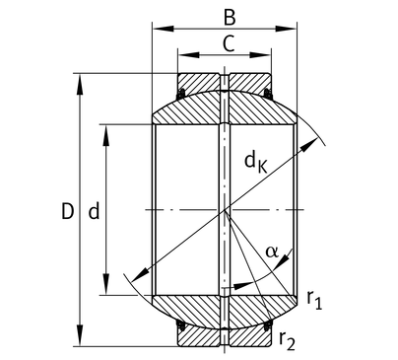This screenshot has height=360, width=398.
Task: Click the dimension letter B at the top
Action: pyautogui.click(x=230, y=18)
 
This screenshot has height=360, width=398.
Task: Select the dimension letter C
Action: pyautogui.click(x=229, y=43)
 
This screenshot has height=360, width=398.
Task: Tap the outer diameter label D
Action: pyautogui.click(x=68, y=211)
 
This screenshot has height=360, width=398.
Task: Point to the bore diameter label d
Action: pyautogui.click(x=94, y=211)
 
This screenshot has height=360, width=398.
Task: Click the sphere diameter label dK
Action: pyautogui.click(x=256, y=163)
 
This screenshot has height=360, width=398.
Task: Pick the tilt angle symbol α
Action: pyautogui.click(x=272, y=252)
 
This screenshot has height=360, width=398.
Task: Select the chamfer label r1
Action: pyautogui.click(x=314, y=301)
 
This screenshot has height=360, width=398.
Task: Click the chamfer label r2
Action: pyautogui.click(x=287, y=341)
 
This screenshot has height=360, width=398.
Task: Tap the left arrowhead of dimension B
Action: pyautogui.click(x=164, y=29)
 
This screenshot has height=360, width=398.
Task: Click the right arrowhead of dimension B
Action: pyautogui.click(x=286, y=29)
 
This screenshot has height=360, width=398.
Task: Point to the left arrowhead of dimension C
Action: pyautogui.click(x=188, y=55)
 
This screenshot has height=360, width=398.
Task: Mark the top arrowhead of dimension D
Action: pyautogui.click(x=80, y=85)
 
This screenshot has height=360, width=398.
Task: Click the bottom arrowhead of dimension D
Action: pyautogui.click(x=80, y=335)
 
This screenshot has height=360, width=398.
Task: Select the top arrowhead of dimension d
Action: pyautogui.click(x=105, y=135)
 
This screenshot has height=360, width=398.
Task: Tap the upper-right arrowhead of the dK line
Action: pyautogui.click(x=309, y=145)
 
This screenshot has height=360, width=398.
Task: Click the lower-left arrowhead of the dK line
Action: pyautogui.click(x=139, y=275)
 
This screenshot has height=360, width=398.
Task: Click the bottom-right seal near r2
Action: pyautogui.click(x=268, y=325)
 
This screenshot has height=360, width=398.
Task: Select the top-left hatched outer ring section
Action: pyautogui.click(x=198, y=84)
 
